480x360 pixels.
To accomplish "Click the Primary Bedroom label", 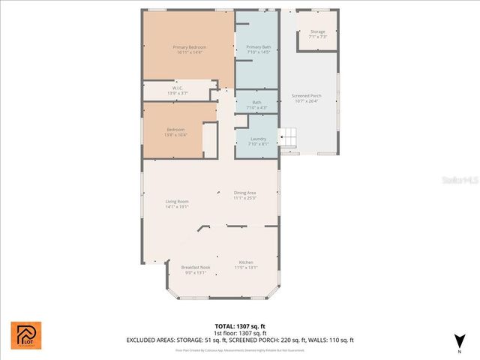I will point(190,47).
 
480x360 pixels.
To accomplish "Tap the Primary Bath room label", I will point(258,47).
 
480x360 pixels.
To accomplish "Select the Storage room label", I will point(318,31).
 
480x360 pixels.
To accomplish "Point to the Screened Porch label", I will point(306,96).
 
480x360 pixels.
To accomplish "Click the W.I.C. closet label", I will point(178,88).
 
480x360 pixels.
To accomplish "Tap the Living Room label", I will point(177,201).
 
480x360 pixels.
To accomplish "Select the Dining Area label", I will point(244,193).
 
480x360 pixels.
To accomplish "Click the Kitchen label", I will point(245,262).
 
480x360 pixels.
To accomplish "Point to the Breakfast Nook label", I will point(195,267).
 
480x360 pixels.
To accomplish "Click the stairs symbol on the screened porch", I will point(289,139).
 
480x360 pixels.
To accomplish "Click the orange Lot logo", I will point(26,335).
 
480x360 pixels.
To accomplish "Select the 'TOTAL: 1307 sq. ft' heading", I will point(240,326).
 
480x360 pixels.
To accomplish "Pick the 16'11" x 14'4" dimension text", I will point(190,52).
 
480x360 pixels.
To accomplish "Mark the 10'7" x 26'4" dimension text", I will point(306,101).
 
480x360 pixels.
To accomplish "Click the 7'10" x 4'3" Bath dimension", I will point(257,107).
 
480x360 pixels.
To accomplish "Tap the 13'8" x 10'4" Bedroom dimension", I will point(175,134).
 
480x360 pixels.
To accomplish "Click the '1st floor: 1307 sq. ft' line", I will point(240,333).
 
